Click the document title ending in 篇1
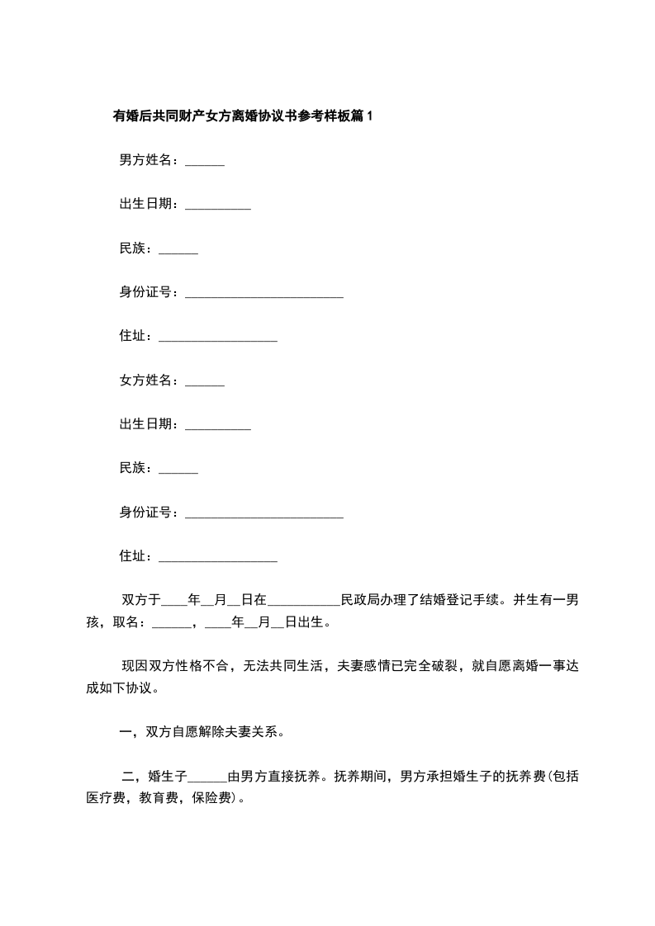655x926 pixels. pos(243,116)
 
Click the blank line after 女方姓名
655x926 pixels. pos(205,384)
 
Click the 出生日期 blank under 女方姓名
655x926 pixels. pos(218,428)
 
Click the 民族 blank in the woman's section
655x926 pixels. pos(178,472)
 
